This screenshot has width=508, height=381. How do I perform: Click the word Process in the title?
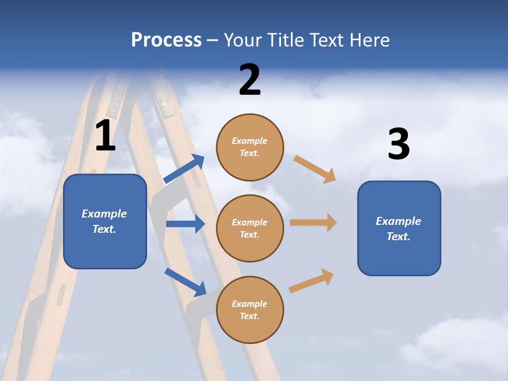pos(166,40)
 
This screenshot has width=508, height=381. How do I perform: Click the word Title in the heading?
pos(285,40)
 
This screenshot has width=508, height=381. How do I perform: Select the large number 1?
pos(105,136)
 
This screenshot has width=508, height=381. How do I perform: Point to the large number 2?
pos(250,80)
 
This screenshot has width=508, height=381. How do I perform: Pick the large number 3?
pos(398,144)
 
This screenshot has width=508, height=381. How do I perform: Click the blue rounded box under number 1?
pos(105,221)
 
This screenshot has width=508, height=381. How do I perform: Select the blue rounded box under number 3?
pos(399,228)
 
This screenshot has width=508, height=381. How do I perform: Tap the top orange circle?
pos(250,147)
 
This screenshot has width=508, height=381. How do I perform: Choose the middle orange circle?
pos(250,228)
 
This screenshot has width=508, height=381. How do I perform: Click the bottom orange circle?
pos(250,310)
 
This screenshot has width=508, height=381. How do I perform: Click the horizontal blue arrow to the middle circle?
pos(185,224)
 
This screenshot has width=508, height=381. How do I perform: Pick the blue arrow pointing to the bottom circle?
pos(185,282)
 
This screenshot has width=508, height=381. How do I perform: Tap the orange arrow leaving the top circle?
pos(315,169)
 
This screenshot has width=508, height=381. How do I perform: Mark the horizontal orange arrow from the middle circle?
pos(313,223)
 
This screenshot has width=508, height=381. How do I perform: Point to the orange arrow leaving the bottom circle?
pos(312,280)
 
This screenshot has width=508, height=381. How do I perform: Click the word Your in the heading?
pos(242,40)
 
